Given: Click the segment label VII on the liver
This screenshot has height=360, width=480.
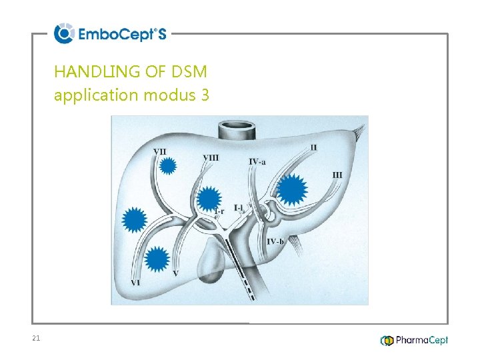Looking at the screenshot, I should (160, 151).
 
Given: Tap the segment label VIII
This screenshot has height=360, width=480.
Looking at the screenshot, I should (210, 158).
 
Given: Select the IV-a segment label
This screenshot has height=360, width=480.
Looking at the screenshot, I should (257, 161).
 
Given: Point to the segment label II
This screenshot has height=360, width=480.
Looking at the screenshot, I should (313, 147).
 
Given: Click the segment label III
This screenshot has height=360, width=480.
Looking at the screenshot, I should (337, 175).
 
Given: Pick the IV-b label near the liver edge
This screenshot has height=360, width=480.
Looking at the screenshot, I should (275, 241).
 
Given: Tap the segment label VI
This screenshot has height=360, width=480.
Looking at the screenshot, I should (135, 283).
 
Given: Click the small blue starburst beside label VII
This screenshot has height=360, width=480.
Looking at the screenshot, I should (169, 166).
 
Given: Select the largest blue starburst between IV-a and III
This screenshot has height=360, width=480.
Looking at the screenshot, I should (291, 189).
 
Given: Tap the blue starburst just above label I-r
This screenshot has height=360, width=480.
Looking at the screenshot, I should (209, 198).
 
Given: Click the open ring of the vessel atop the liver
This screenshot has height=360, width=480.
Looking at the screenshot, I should (237, 125).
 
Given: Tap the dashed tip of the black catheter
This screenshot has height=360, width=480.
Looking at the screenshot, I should (249, 290).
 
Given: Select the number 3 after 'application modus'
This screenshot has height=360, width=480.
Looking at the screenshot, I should (203, 95).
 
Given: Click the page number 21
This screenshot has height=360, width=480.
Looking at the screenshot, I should (36, 339).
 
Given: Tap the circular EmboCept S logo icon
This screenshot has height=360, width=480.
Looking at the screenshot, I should (64, 33).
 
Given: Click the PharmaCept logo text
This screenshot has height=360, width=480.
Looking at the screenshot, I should (421, 340).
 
